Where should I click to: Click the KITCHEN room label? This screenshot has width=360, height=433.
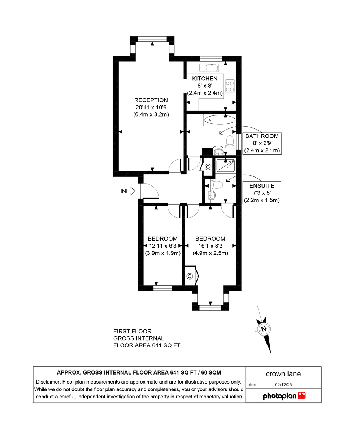coord(205,79)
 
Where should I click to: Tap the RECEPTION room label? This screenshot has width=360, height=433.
coord(151,100)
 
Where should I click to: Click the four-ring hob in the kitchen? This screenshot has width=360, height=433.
coord(230,86)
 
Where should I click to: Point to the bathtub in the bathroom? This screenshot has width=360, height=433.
coord(220,120)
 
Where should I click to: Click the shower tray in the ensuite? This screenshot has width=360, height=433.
coord(226,165)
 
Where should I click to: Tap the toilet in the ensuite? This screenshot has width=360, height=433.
coord(217,185)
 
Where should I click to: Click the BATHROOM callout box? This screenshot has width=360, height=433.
coord(262,143)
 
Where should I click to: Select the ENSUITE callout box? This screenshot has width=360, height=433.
coord(262,193)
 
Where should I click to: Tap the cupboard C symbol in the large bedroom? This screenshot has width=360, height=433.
coord(190,276)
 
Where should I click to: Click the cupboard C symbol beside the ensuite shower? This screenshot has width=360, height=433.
coord(208,167)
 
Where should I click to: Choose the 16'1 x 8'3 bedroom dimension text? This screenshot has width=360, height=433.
coord(210,246)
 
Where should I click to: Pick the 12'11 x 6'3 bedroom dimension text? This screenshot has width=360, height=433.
coord(162,246)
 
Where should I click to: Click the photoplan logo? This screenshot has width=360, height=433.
coord(284,396)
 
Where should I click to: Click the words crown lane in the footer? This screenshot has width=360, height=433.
coord(283,374)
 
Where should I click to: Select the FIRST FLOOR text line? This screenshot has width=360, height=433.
coord(132,331)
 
